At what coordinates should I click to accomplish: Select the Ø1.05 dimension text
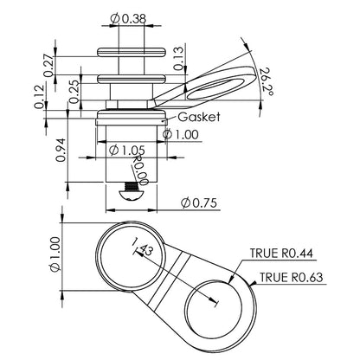(127, 149)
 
